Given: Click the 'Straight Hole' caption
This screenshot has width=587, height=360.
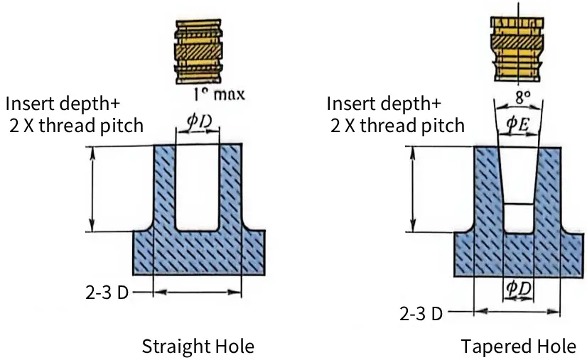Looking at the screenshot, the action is coord(198,347).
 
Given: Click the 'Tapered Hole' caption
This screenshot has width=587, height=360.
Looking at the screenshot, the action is coord(519,347).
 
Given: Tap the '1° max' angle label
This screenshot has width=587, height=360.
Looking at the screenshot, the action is coord(220,94).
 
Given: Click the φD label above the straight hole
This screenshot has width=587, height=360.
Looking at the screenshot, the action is coord(199,122).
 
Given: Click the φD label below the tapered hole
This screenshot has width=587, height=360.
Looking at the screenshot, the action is coord(519,288).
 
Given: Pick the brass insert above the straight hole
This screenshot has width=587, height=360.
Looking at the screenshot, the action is coord(198,52).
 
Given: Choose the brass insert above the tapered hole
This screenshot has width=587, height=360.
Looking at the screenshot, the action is coord(517,50).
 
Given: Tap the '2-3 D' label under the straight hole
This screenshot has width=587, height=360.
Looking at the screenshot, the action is coord(107,293).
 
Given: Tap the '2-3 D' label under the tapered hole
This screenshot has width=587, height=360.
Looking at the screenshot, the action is coord(421,313).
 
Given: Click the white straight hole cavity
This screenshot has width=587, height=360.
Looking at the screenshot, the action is coord(198,186).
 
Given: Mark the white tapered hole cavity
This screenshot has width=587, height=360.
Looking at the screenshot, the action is coord(519,190).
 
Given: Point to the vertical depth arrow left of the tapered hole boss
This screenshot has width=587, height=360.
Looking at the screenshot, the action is coord(413,190).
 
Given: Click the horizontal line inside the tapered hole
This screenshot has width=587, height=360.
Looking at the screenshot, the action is coord(519,204).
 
